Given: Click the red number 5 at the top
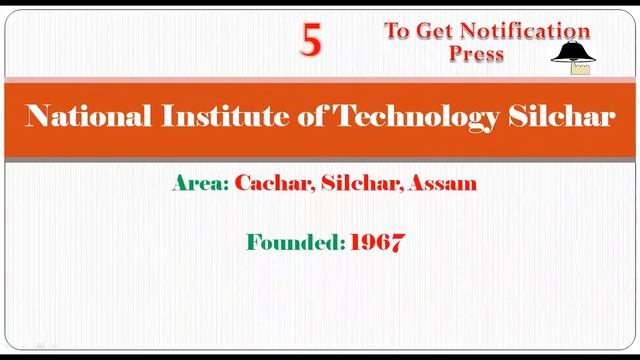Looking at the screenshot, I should [x=312, y=41].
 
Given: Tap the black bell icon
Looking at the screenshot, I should [x=570, y=52].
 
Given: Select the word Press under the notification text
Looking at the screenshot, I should [x=477, y=54].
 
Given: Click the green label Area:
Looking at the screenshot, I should [x=200, y=184].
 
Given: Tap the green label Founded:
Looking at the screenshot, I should [x=295, y=242].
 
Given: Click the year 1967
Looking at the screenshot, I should [x=377, y=242].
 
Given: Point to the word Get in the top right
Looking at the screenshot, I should [x=432, y=31].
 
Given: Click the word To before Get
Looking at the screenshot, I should [x=398, y=31].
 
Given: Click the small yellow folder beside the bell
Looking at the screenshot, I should [x=580, y=68].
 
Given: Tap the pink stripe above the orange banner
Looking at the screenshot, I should [x=320, y=79].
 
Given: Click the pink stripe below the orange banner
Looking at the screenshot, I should [x=320, y=160].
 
